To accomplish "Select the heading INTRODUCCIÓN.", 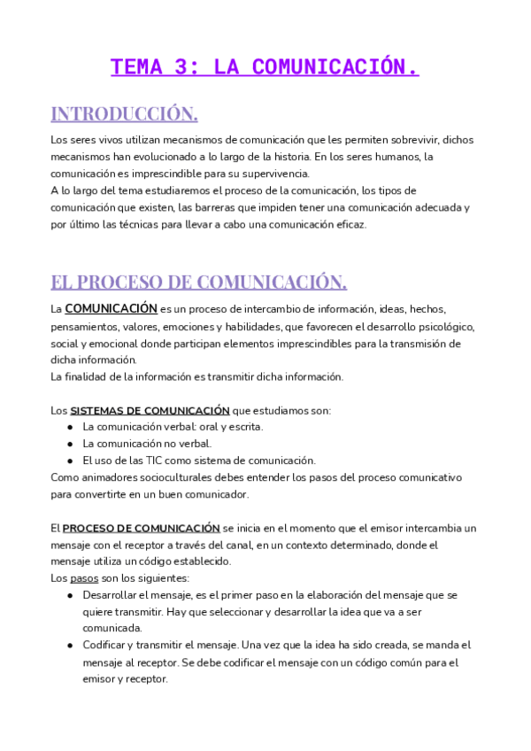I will [x=124, y=113].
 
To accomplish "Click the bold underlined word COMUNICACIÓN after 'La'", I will [x=111, y=309].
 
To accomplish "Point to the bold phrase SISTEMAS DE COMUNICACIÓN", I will [x=150, y=410].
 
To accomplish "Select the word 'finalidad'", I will [x=89, y=376].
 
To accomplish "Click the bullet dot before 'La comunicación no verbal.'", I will [x=70, y=444].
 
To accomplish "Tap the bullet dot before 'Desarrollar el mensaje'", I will [x=70, y=595].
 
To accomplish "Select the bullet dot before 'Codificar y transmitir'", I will [x=70, y=646].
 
